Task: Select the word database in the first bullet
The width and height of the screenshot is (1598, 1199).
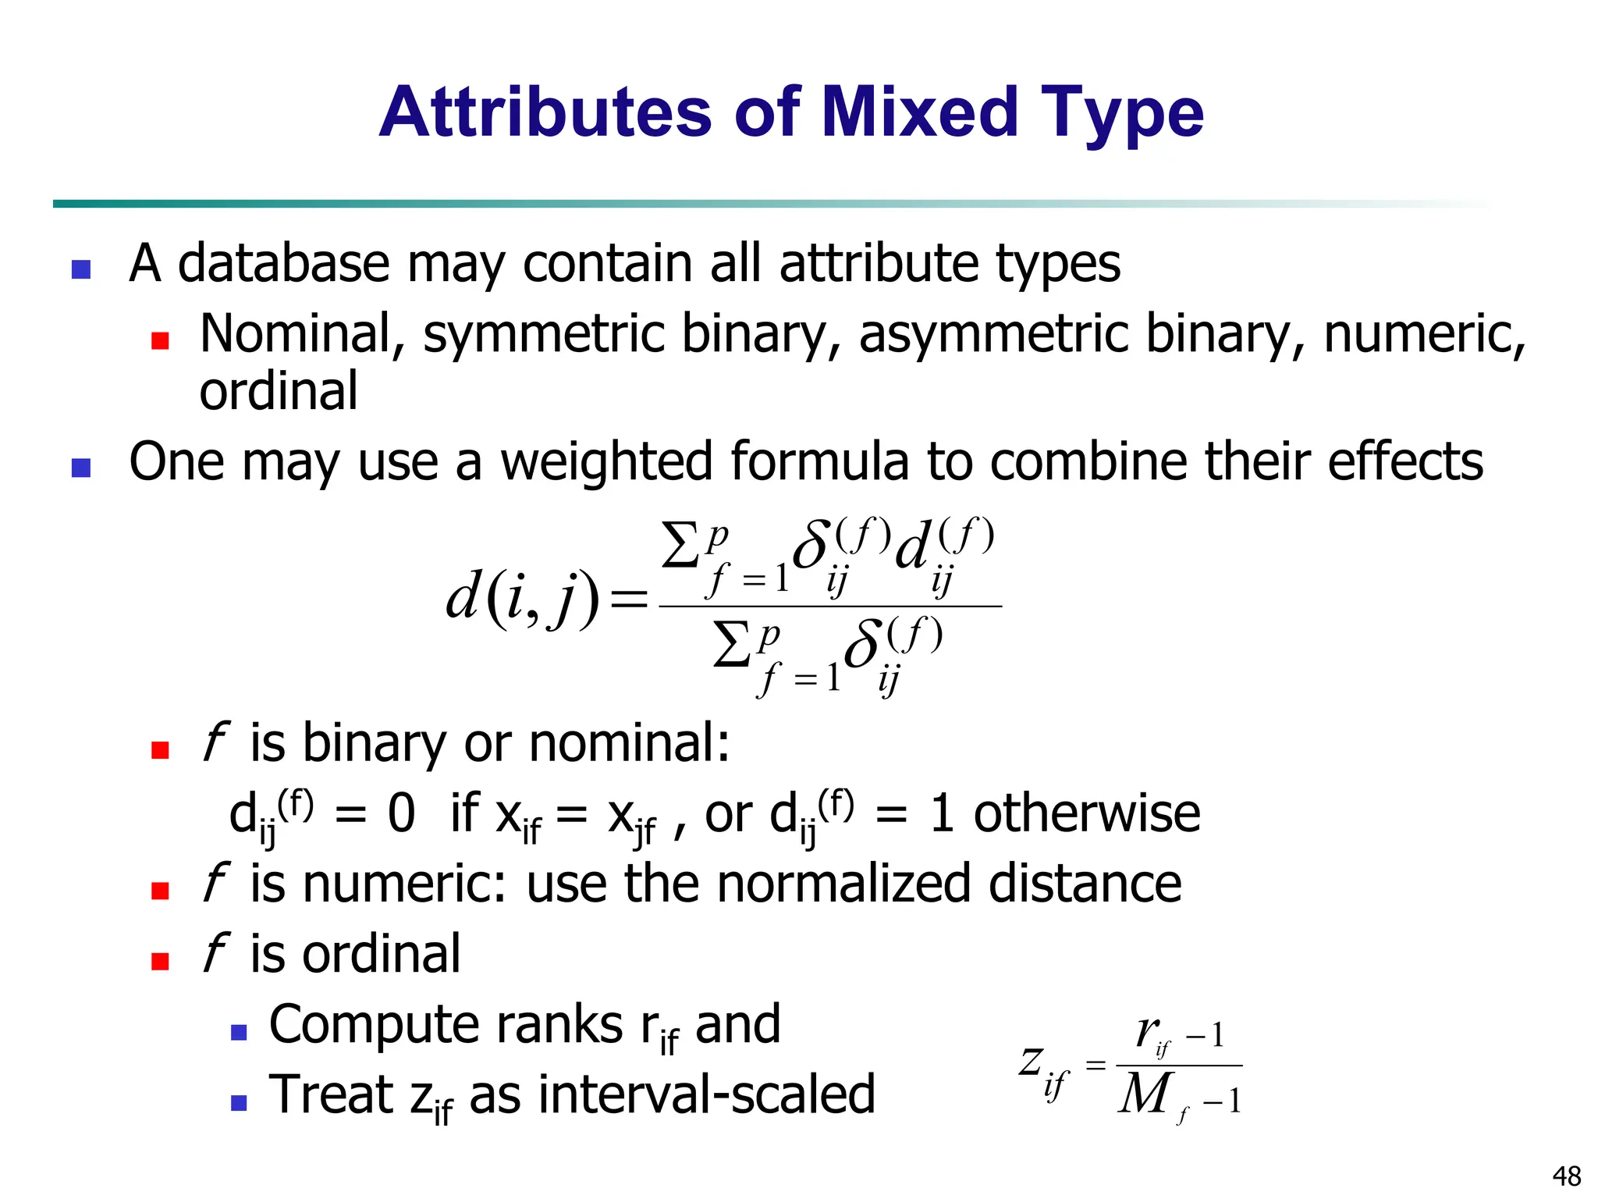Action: pyautogui.click(x=283, y=263)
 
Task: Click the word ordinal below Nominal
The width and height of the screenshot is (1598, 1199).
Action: pyautogui.click(x=279, y=391)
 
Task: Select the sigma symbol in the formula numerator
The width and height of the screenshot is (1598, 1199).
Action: pyautogui.click(x=680, y=546)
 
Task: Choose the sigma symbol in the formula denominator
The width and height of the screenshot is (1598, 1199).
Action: pyautogui.click(x=732, y=645)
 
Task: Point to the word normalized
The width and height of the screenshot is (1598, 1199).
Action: pyautogui.click(x=843, y=884)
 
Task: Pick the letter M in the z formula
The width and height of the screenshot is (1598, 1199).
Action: pyautogui.click(x=1145, y=1094)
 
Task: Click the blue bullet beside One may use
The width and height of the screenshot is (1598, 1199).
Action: pyautogui.click(x=81, y=468)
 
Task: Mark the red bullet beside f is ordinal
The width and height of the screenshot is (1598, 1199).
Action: pyautogui.click(x=161, y=961)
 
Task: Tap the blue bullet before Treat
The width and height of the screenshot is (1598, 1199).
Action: pyautogui.click(x=239, y=1102)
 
